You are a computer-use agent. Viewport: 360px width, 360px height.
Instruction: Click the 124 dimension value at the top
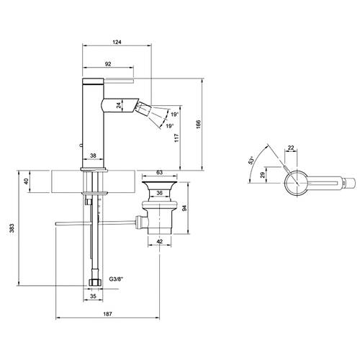pyautogui.click(x=117, y=42)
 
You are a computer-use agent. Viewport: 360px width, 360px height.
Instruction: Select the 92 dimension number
pyautogui.click(x=108, y=64)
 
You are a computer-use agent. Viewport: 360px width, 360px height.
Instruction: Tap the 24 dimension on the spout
pyautogui.click(x=119, y=105)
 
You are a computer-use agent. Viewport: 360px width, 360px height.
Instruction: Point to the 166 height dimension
pyautogui.click(x=198, y=124)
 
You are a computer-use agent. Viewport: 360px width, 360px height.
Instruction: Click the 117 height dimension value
pyautogui.click(x=176, y=138)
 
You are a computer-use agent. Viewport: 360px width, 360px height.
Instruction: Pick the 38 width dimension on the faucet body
pyautogui.click(x=93, y=156)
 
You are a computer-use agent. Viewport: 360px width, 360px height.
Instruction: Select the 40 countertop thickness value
pyautogui.click(x=27, y=181)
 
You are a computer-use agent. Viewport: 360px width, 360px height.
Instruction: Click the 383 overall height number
pyautogui.click(x=12, y=228)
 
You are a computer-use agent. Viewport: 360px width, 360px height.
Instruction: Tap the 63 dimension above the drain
pyautogui.click(x=159, y=172)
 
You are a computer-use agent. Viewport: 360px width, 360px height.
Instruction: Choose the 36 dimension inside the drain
pyautogui.click(x=159, y=193)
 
